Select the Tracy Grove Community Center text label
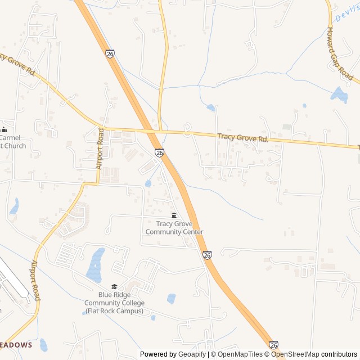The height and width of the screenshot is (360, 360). click(x=174, y=228)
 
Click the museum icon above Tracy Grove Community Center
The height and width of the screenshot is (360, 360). click(x=174, y=215)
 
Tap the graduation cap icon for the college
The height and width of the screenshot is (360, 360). click(x=114, y=286)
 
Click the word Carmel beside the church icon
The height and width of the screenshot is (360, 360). click(x=10, y=138)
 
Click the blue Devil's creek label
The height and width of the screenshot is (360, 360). click(x=346, y=15)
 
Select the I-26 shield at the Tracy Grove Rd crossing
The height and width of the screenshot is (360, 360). click(x=159, y=152)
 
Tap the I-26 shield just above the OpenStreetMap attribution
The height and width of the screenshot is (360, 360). click(x=274, y=345)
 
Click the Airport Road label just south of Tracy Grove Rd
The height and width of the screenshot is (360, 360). click(x=100, y=148)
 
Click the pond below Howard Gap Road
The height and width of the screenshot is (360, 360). click(x=339, y=94)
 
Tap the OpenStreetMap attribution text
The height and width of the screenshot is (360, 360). click(x=295, y=354)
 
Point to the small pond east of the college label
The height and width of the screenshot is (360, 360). click(x=171, y=298)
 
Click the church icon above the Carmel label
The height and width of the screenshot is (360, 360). click(x=3, y=129)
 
